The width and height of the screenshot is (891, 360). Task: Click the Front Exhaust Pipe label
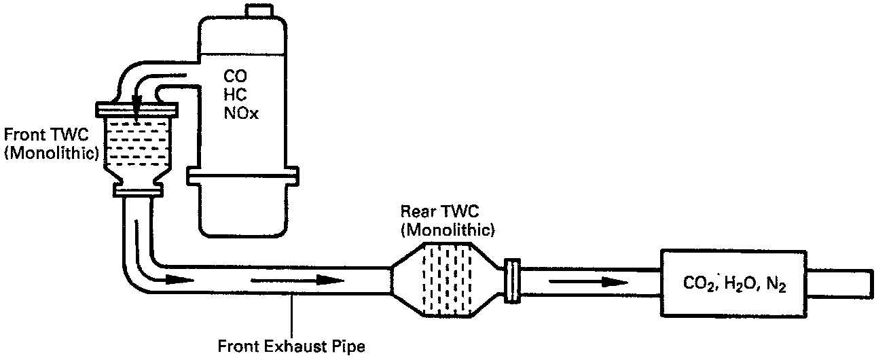point(291,347)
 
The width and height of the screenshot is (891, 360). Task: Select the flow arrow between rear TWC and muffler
point(588,281)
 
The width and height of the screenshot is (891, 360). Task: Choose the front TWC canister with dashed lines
point(138,146)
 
